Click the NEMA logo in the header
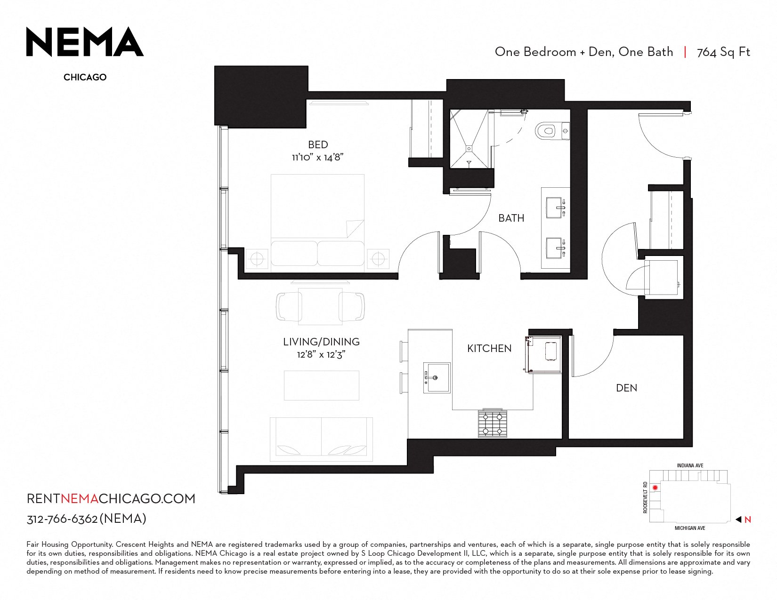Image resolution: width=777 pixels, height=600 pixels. click(85, 41)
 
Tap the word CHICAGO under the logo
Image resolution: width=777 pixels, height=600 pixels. click(85, 77)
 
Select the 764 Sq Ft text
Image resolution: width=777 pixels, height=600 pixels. click(723, 52)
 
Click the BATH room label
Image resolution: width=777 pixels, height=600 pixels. click(511, 218)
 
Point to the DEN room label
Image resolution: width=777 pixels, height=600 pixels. click(626, 388)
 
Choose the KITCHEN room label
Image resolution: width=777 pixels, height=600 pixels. click(489, 348)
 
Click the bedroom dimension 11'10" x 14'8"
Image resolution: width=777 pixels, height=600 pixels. click(317, 157)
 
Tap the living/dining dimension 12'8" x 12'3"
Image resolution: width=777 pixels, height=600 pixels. click(321, 354)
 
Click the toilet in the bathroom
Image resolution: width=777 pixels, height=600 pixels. click(552, 131)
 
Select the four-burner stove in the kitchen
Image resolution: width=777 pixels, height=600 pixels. click(493, 424)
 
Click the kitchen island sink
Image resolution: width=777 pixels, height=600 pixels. click(437, 378)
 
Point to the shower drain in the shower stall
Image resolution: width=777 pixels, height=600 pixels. click(469, 148)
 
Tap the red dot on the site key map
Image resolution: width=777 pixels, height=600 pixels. click(655, 488)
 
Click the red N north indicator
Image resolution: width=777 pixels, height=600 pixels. click(747, 520)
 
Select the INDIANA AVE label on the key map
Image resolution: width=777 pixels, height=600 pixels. click(690, 465)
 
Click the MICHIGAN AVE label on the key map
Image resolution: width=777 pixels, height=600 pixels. click(690, 528)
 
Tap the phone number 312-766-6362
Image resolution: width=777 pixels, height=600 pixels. click(62, 519)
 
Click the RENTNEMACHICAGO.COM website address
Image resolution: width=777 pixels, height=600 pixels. click(111, 499)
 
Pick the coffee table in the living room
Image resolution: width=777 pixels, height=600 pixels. click(322, 385)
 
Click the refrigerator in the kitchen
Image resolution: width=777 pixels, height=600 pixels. click(543, 354)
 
